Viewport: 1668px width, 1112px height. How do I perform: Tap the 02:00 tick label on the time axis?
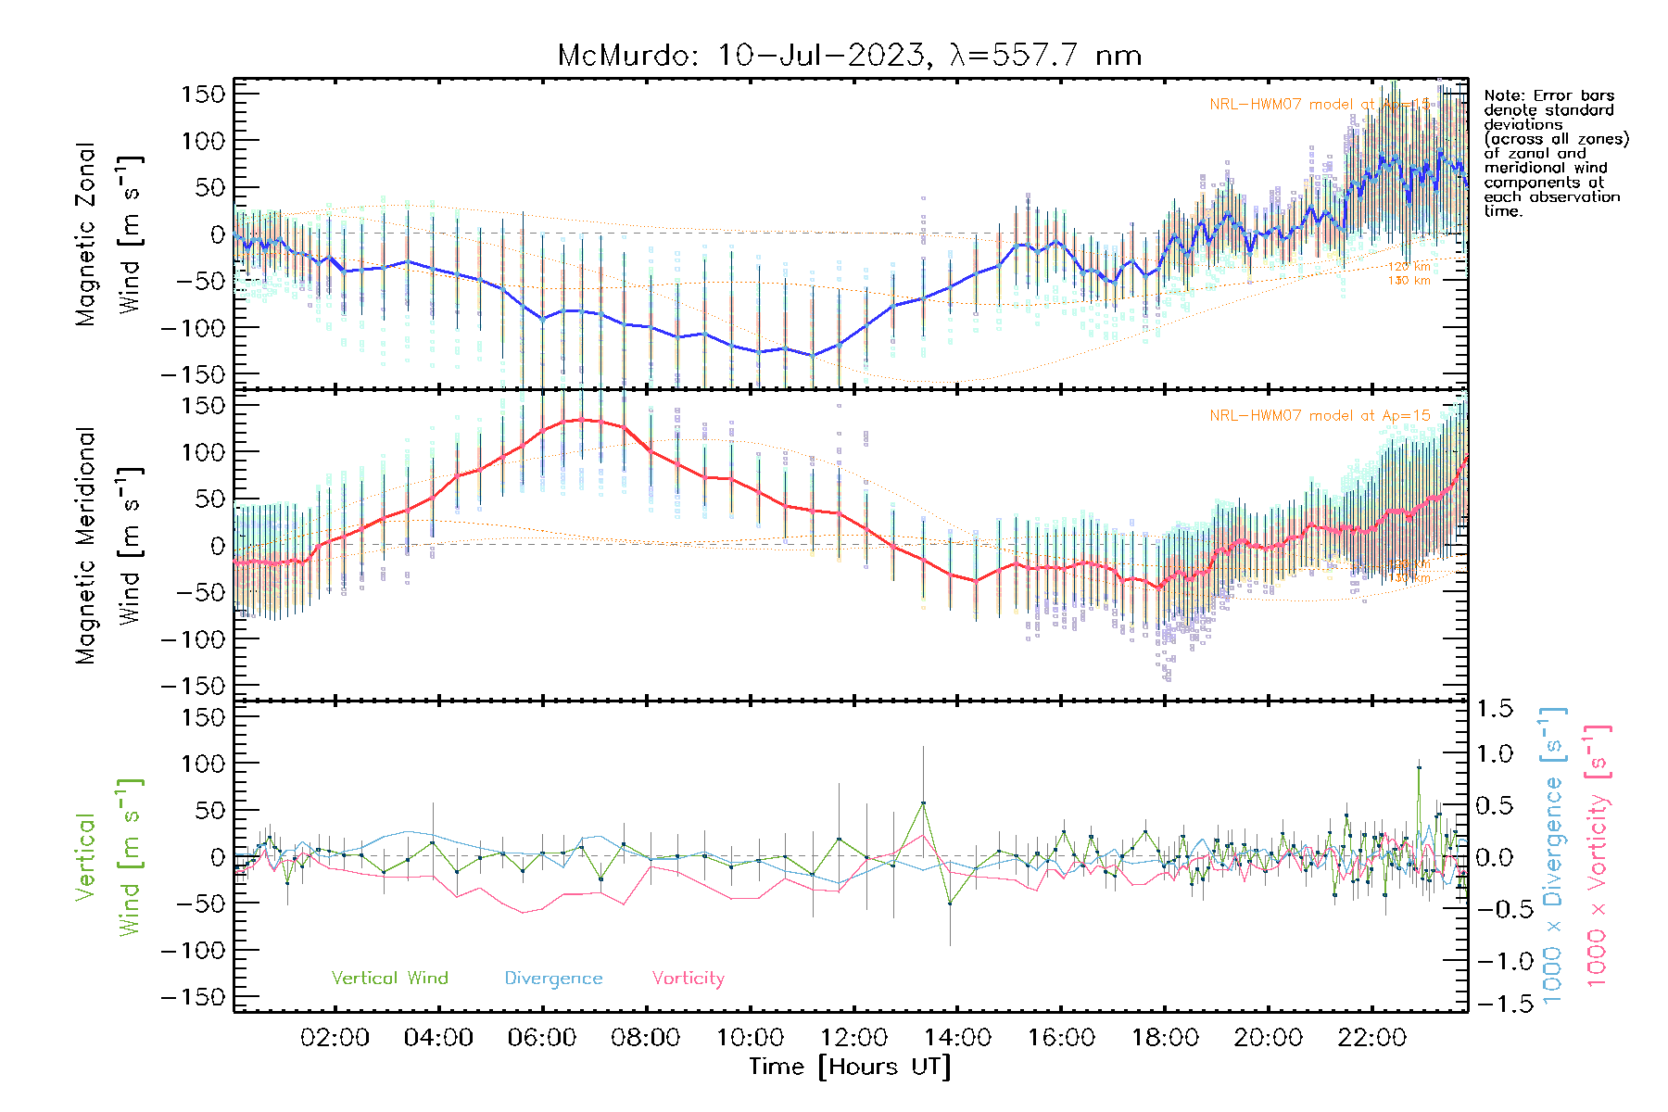[335, 1038]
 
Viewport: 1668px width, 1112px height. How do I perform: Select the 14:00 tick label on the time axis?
[957, 1038]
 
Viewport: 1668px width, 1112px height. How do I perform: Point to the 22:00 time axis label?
[1371, 1038]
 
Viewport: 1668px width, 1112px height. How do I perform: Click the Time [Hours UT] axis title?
[850, 1067]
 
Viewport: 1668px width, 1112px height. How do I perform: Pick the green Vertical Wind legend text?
[389, 978]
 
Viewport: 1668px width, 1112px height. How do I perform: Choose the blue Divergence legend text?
[553, 979]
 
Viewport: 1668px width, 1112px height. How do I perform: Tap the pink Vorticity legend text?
[688, 978]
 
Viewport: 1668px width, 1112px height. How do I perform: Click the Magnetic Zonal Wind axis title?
[109, 234]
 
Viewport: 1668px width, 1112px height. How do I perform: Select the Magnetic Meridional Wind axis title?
[109, 546]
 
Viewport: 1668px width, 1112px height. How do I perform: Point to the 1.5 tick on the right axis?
[1494, 709]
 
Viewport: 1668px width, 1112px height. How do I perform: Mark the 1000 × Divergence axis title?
[1553, 855]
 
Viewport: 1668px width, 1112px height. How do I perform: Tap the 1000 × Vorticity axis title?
[1598, 855]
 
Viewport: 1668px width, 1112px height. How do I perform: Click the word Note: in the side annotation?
[1502, 95]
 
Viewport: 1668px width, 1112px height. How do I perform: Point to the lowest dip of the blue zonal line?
[813, 355]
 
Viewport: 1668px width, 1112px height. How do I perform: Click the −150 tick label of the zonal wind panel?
[193, 374]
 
